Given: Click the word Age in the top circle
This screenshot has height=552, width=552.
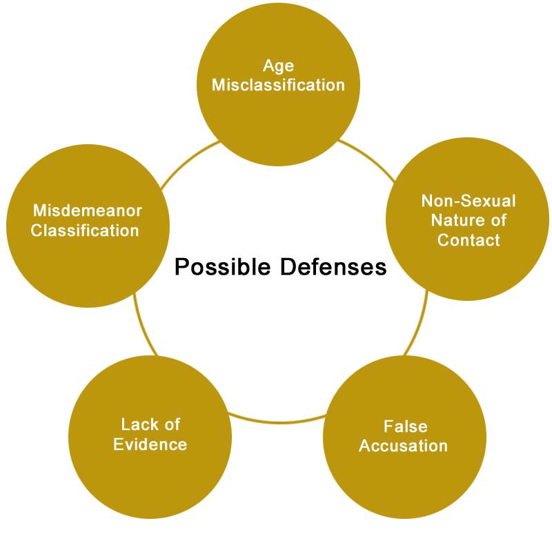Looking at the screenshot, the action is click(x=278, y=66).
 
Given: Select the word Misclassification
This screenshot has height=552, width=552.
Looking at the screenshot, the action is click(x=278, y=85).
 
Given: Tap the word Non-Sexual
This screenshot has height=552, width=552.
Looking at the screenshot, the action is click(x=469, y=201).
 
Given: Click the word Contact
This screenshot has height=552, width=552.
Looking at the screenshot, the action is click(x=469, y=240).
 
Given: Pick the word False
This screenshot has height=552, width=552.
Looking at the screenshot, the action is click(x=406, y=426).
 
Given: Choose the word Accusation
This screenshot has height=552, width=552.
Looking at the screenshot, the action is click(x=404, y=446).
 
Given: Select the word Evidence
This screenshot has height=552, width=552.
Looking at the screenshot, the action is click(x=150, y=444).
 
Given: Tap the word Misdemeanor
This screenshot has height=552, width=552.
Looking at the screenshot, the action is click(x=88, y=211).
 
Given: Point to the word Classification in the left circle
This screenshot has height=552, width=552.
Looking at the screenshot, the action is click(x=85, y=230).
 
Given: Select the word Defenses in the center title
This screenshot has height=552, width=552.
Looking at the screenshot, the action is click(x=333, y=267).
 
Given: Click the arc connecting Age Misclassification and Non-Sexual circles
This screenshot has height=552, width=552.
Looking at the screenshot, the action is click(x=368, y=158).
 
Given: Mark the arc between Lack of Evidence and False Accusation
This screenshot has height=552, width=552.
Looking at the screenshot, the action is click(x=278, y=422).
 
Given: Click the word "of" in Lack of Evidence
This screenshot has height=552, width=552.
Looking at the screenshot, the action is click(x=172, y=424).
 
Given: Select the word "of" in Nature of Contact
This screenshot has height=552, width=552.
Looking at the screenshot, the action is click(x=498, y=220).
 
